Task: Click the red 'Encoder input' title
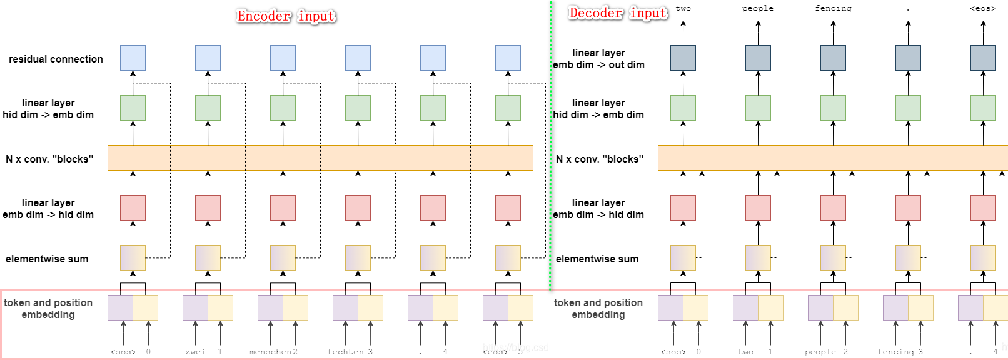point(286,16)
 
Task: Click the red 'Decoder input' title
point(618,13)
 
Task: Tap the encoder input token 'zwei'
point(196,352)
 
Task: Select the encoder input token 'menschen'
point(270,352)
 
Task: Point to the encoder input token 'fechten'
point(345,352)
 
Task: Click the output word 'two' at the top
point(683,9)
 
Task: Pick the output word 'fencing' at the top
point(833,9)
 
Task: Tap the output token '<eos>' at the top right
point(982,9)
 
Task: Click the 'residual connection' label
point(56,59)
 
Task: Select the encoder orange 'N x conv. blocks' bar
point(320,158)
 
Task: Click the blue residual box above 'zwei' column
point(208,57)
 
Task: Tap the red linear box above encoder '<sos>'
point(133,207)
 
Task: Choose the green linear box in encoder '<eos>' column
point(508,107)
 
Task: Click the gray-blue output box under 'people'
point(758,57)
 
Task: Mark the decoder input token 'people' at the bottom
point(820,352)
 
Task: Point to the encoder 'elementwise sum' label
point(47,259)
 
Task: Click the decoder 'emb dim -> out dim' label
point(598,65)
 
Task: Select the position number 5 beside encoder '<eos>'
point(520,352)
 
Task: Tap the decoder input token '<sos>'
point(673,352)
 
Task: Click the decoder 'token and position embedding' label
point(598,309)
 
